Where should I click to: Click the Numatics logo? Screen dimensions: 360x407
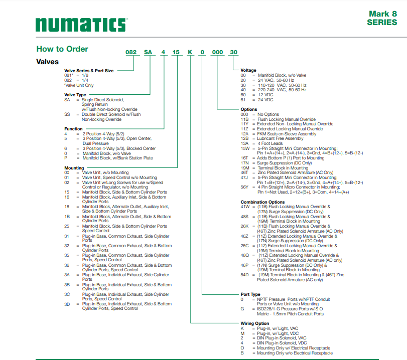[81, 25]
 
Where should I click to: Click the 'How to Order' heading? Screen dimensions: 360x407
[62, 49]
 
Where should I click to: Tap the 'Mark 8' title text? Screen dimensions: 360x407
[383, 14]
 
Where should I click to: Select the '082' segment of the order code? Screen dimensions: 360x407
[131, 52]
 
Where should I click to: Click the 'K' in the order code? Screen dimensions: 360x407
[189, 52]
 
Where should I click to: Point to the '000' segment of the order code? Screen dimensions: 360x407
[217, 52]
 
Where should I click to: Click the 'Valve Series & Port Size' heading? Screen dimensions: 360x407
[89, 71]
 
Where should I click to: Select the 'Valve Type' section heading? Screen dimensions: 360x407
[75, 95]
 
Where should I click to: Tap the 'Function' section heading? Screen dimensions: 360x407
[73, 129]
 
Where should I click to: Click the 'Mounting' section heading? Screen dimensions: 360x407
[74, 168]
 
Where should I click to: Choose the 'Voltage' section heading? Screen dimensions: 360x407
[248, 70]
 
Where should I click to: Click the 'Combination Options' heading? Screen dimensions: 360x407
[262, 202]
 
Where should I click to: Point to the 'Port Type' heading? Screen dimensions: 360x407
[250, 294]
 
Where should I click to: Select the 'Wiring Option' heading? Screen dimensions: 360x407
[255, 323]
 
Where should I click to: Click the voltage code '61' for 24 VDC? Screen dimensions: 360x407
[243, 100]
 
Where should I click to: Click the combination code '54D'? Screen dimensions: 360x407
[245, 275]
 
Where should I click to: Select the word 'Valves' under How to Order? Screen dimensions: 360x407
[48, 62]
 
